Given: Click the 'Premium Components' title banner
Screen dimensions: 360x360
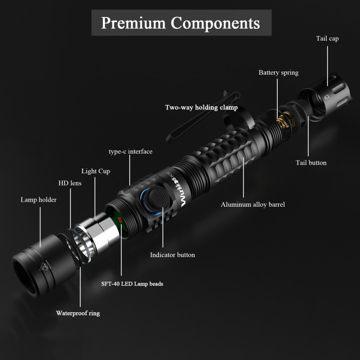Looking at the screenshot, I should pos(181,23).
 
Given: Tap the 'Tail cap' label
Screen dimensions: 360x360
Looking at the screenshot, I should pos(327,39).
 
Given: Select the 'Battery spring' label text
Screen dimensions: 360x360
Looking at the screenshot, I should pos(278,73).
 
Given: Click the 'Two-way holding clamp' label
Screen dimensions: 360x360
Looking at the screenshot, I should pos(201,107).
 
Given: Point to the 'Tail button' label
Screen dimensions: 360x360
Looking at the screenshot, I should pos(311,163).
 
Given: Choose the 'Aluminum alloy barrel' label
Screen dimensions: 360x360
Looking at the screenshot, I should pos(253,204).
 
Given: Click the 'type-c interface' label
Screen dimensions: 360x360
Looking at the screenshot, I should pos(130,151).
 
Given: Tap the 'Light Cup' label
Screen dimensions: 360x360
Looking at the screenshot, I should pos(96,171).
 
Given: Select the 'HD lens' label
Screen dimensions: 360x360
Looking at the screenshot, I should pos(69,183).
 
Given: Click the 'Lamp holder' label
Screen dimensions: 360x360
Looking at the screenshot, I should pos(39,200).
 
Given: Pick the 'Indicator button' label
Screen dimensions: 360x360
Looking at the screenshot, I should pos(172,255).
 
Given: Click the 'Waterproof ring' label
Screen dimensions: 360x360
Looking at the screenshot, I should pos(78,313).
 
